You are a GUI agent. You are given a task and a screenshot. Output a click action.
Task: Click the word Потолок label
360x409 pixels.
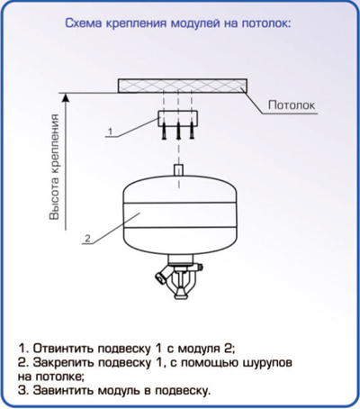click(x=292, y=105)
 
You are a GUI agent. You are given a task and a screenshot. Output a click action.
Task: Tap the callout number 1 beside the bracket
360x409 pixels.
click(x=110, y=132)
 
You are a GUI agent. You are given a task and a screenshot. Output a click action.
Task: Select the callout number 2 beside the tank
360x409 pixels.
click(x=87, y=239)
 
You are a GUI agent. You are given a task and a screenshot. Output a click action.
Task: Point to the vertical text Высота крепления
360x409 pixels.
click(x=55, y=167)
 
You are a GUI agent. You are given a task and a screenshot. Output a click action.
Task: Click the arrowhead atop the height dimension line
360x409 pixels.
click(x=66, y=98)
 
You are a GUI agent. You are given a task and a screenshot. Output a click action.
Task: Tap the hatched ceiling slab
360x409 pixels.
click(x=183, y=86)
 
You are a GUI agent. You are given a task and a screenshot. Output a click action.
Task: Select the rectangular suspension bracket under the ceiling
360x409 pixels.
click(x=178, y=118)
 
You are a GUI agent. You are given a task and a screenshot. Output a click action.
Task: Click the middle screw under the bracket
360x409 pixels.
click(x=178, y=131)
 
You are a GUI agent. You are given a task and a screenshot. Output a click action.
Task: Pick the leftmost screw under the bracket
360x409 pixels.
click(x=164, y=131)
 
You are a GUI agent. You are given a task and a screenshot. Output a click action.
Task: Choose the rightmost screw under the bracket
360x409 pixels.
click(x=192, y=131)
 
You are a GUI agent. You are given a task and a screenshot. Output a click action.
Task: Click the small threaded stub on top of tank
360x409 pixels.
click(x=179, y=170)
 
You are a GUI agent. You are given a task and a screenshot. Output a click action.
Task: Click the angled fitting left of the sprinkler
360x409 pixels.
click(x=163, y=274)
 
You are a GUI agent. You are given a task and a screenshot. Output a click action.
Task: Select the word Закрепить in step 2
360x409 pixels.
click(x=65, y=363)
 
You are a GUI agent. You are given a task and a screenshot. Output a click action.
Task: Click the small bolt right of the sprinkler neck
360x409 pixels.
click(x=200, y=267)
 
